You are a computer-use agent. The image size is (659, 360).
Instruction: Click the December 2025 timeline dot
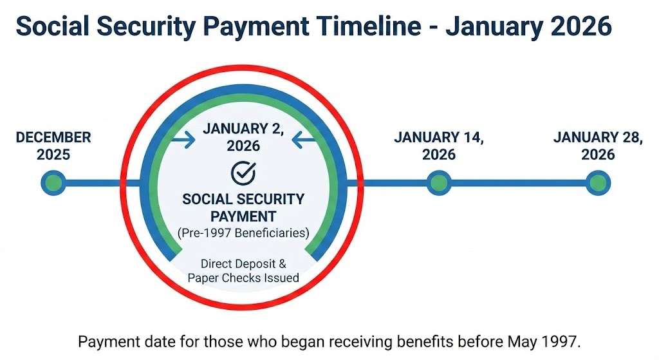click(x=53, y=184)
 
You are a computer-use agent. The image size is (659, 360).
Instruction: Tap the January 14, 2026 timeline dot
click(x=438, y=184)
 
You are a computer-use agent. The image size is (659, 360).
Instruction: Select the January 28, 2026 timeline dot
click(x=597, y=184)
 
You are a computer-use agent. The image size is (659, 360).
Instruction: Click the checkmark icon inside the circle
click(x=243, y=172)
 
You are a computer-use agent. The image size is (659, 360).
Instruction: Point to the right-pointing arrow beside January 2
click(x=185, y=138)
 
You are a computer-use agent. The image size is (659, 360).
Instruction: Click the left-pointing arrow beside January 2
click(x=302, y=138)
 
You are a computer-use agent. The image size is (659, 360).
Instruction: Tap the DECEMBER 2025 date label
click(x=53, y=146)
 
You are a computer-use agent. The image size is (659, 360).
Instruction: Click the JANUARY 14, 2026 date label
click(x=439, y=146)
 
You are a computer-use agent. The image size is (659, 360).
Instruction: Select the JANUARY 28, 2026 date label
click(x=598, y=146)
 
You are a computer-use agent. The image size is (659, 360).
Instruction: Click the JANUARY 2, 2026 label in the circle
click(x=243, y=137)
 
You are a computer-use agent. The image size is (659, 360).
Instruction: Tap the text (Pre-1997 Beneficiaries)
click(x=243, y=233)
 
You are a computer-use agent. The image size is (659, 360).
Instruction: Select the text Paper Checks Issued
click(x=243, y=278)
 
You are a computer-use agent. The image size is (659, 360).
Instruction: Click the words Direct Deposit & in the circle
click(x=243, y=264)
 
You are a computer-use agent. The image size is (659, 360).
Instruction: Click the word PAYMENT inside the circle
click(x=243, y=216)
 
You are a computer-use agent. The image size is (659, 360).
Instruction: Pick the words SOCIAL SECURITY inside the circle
click(x=243, y=200)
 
